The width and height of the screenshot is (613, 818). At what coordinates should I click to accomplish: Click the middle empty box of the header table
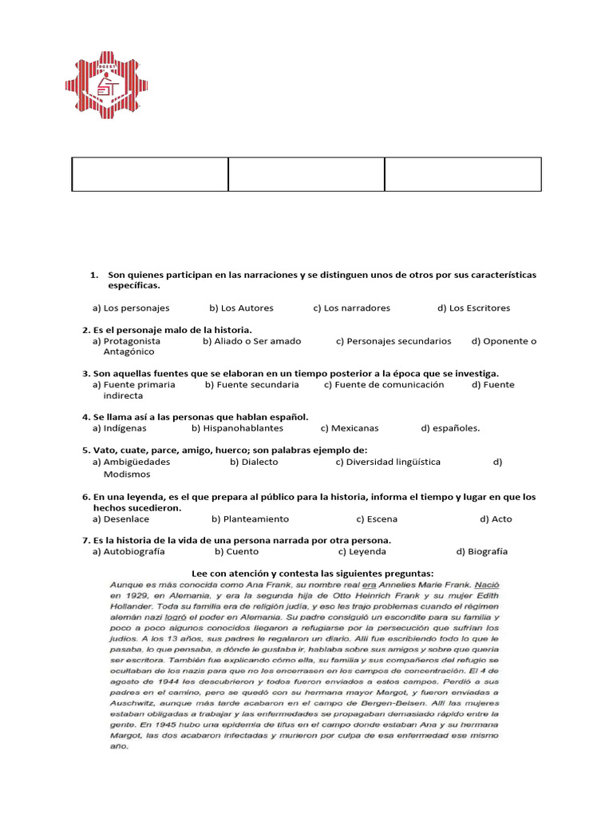coord(306,174)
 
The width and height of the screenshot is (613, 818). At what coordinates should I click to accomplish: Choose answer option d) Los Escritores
coord(473,308)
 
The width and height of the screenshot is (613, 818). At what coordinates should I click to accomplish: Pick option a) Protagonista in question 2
coord(126,341)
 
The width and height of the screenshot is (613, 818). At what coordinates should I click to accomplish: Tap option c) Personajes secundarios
coord(394,341)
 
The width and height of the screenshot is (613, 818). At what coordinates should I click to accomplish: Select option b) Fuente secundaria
coord(251,384)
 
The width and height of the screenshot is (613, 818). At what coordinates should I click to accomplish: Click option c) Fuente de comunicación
coord(384,384)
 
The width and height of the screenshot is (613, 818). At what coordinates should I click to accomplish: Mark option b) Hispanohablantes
coord(237,427)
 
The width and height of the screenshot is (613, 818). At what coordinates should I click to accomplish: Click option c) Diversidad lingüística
coord(388,462)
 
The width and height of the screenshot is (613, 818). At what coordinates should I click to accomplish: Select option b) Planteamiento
coord(250,518)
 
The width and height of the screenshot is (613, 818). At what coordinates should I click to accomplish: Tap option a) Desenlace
coord(121,518)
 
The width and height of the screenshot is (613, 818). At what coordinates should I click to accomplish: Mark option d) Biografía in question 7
coord(482,551)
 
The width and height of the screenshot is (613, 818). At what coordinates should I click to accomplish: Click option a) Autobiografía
coord(129,551)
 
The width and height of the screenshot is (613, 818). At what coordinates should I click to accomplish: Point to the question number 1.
coord(93,275)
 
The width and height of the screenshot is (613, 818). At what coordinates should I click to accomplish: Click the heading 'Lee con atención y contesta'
coord(313,573)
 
